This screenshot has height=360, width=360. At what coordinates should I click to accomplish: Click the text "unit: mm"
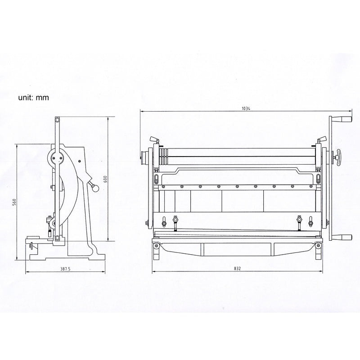point(33,97)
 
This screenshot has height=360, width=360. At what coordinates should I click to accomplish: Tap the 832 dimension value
point(237,269)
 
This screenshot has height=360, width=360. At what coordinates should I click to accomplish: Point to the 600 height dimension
point(105,179)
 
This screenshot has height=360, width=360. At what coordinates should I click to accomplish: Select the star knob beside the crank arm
point(336,157)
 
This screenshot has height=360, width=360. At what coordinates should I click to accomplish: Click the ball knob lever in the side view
point(95,186)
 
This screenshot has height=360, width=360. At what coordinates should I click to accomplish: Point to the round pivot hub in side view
point(57,157)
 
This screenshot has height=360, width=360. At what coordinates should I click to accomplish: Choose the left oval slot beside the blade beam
point(156,180)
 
